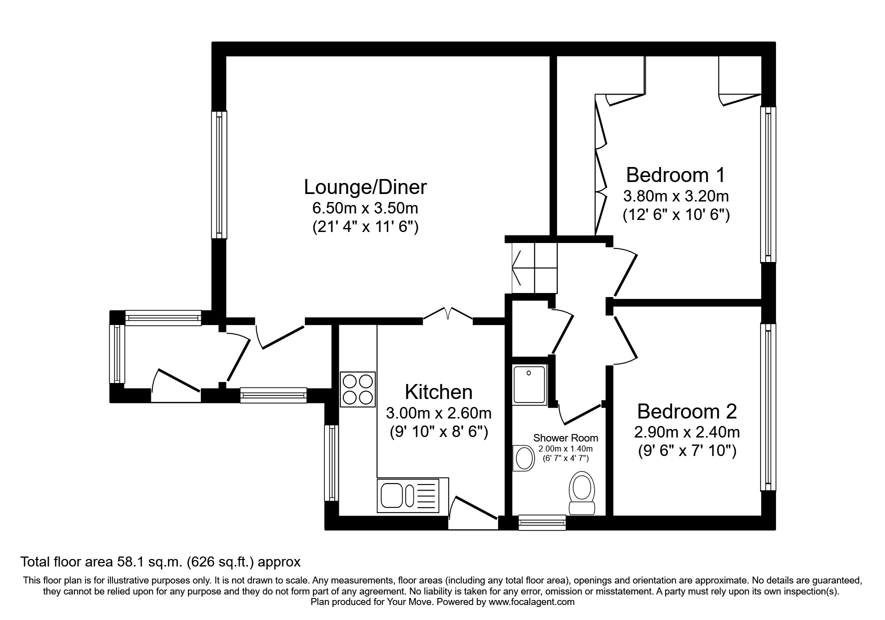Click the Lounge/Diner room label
pos(365,187)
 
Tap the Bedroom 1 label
pos(675,175)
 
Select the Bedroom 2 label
pos(687,411)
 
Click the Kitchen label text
pos(438,392)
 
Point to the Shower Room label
pos(565,438)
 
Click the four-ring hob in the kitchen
pos(358,389)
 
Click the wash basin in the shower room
pos(523,457)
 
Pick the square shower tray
pos(530,384)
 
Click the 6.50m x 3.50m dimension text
pos(365,207)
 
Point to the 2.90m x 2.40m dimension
pos(687,431)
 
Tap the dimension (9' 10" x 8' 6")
pos(438,431)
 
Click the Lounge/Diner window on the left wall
pos(219,174)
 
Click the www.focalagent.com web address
pos(531,602)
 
